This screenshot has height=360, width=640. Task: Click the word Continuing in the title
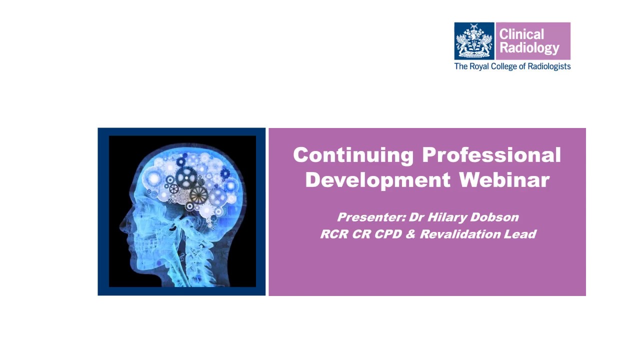pyautogui.click(x=353, y=155)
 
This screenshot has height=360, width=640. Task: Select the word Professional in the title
pyautogui.click(x=491, y=155)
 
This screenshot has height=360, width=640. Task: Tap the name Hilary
pyautogui.click(x=447, y=217)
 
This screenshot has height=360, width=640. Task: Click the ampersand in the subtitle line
pyautogui.click(x=410, y=234)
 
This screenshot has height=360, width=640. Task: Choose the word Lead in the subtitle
pyautogui.click(x=523, y=234)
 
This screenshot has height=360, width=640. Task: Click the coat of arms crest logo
pyautogui.click(x=474, y=41)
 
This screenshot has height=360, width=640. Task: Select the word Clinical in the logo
pyautogui.click(x=521, y=34)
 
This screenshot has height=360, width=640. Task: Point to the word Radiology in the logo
pyautogui.click(x=529, y=48)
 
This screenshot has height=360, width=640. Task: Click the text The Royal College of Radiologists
pyautogui.click(x=512, y=66)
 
